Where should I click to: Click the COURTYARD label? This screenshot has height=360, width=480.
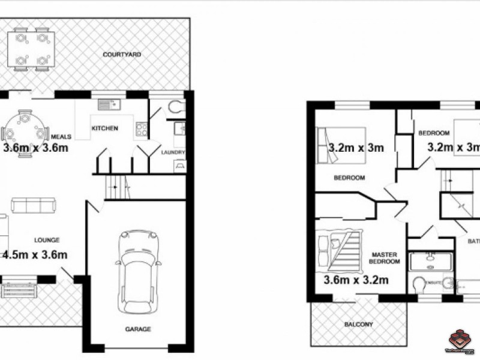coord(122,55)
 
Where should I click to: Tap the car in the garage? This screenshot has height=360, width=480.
coord(139,270)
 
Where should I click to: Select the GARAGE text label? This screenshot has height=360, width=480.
coord(138,329)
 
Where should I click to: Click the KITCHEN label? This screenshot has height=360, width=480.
coord(104,128)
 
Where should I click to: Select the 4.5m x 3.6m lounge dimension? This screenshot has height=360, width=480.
coord(35,254)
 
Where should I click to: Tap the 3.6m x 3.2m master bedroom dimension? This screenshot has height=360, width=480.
coord(356,280)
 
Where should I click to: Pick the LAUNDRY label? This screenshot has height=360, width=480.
coord(173,152)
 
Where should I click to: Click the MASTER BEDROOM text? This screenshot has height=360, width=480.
coord(384,258)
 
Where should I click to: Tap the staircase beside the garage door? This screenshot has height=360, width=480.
coord(118,188)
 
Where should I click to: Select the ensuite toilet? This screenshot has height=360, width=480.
coord(420,283)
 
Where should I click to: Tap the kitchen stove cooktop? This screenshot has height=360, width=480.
coord(142,127)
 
